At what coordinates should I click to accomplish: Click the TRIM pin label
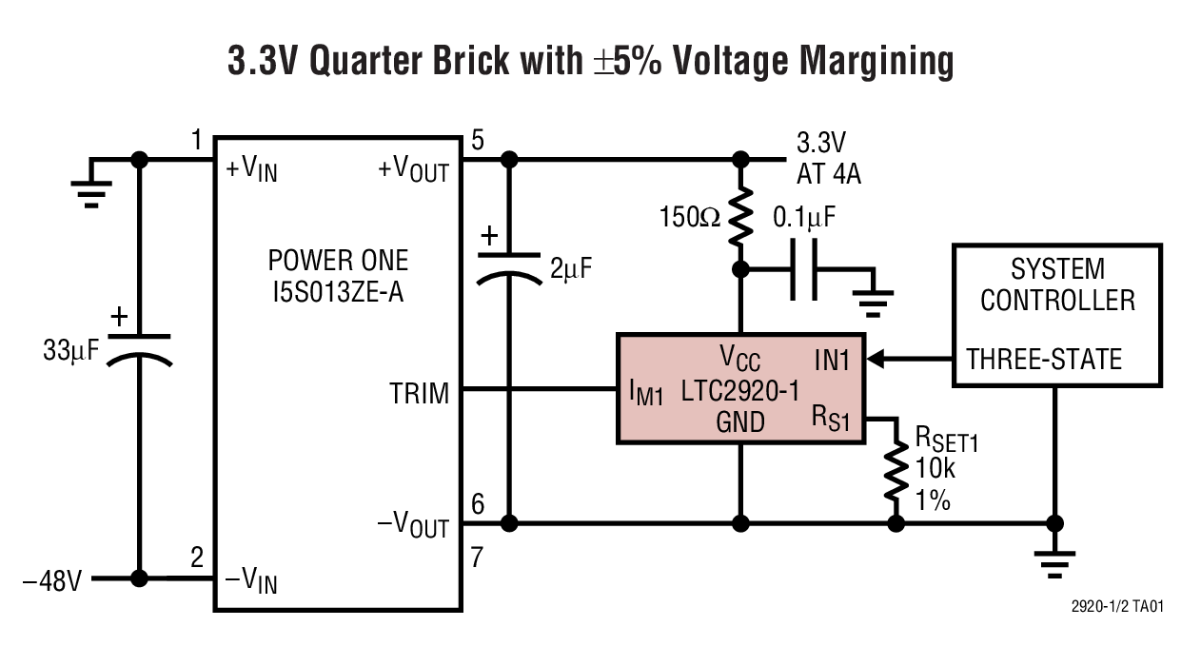coord(419,391)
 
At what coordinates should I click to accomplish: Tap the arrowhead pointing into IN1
coord(877,359)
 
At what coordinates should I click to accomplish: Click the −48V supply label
coord(52,579)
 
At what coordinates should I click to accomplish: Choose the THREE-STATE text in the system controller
coord(1044,360)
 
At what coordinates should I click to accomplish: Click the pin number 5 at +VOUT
coord(477,141)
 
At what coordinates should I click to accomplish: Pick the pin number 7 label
coord(478,558)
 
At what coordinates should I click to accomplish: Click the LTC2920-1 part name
coord(739,390)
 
